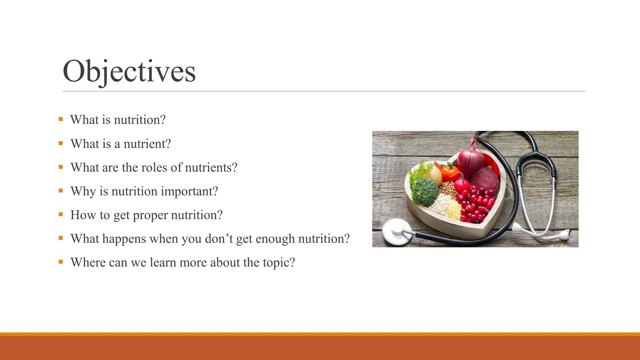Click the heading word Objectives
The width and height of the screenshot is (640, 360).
(129, 72)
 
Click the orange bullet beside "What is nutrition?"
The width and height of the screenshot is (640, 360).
(61, 119)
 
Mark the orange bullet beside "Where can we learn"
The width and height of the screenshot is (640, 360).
(61, 262)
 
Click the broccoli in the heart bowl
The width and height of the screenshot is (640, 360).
(424, 191)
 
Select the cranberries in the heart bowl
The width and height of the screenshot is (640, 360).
(477, 205)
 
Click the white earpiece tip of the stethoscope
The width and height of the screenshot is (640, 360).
(564, 235)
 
